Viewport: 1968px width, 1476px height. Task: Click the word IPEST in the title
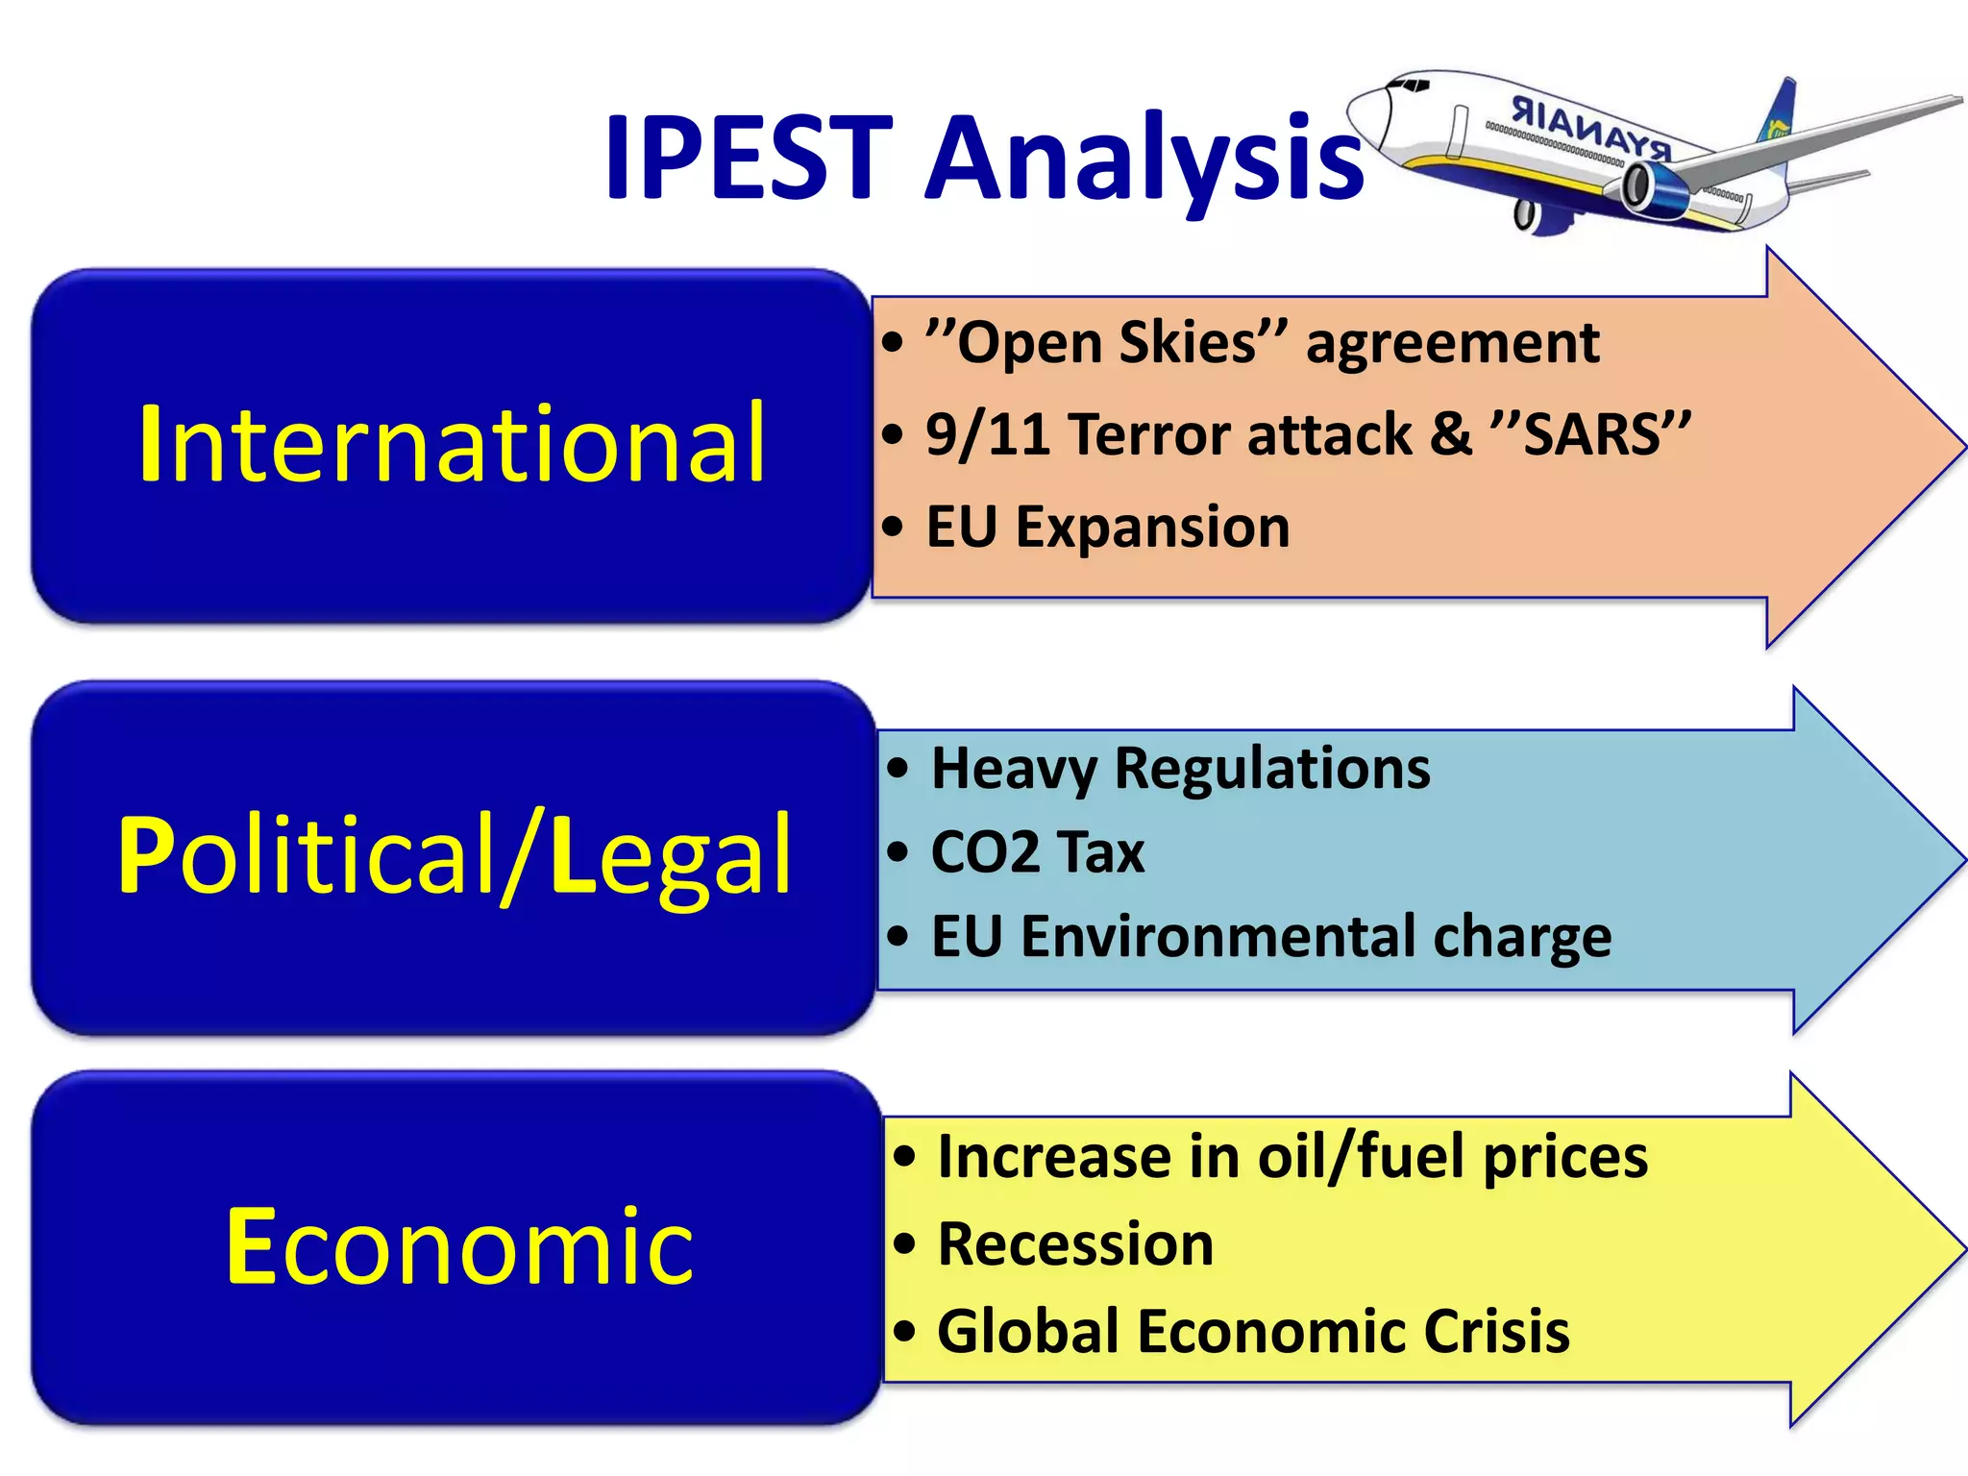pyautogui.click(x=748, y=159)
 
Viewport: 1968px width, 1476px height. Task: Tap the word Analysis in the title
pyautogui.click(x=1144, y=159)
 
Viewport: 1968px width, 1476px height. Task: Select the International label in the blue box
pyautogui.click(x=452, y=444)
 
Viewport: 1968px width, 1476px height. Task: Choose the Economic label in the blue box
pyautogui.click(x=458, y=1246)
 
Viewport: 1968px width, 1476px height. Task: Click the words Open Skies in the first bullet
pyautogui.click(x=1105, y=343)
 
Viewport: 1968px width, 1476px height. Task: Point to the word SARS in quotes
pyautogui.click(x=1592, y=434)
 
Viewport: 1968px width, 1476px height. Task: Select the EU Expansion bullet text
pyautogui.click(x=1107, y=528)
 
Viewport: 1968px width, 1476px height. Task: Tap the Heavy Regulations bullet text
pyautogui.click(x=1180, y=769)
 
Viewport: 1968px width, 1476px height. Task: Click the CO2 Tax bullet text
pyautogui.click(x=1038, y=852)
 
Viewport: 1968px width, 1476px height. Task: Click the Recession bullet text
pyautogui.click(x=1074, y=1244)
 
